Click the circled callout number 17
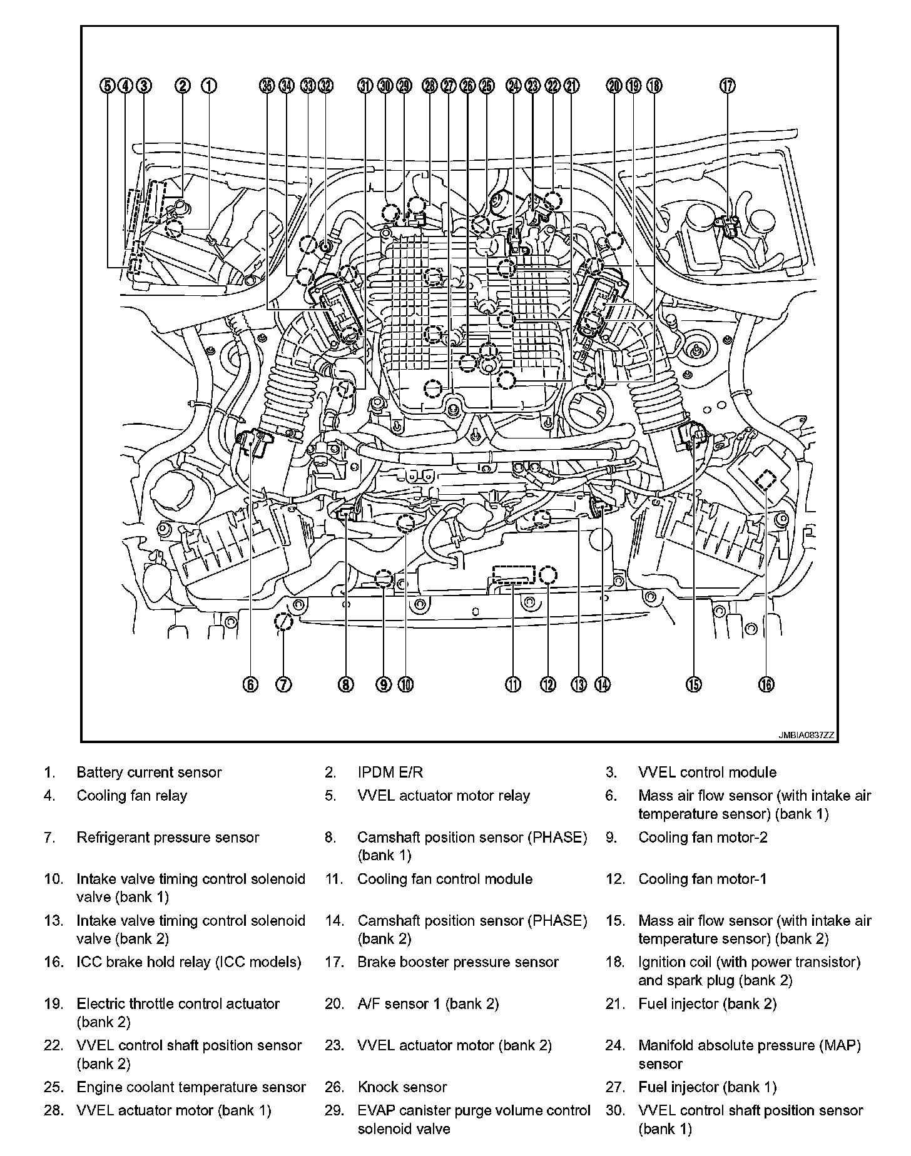tap(728, 86)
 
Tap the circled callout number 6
tap(250, 685)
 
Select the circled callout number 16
tap(766, 685)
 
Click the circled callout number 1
tap(209, 86)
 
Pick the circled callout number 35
tap(267, 86)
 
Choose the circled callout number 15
tap(693, 685)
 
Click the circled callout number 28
tap(429, 86)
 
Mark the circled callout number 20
tap(614, 86)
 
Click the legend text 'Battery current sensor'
tap(149, 773)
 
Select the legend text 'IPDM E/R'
tap(390, 773)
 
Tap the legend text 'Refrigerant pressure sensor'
tap(168, 838)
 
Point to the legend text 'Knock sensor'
tap(402, 1087)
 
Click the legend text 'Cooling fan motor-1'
tap(702, 879)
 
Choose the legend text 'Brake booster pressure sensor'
tap(458, 962)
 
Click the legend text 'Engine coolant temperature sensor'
tap(191, 1087)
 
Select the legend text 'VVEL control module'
tap(707, 773)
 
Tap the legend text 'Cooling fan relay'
tap(132, 796)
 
